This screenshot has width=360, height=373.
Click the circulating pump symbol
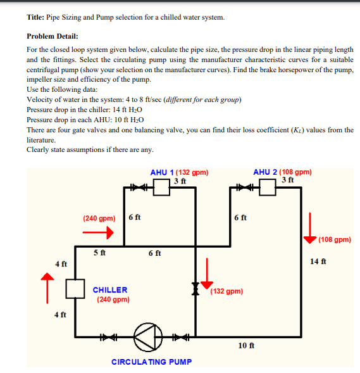(148, 337)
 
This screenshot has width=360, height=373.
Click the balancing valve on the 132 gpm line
(196, 289)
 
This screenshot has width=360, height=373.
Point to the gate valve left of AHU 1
(139, 187)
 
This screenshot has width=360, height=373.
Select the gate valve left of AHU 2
(244, 187)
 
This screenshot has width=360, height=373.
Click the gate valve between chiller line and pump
(108, 337)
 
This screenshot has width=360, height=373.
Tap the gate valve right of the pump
(180, 337)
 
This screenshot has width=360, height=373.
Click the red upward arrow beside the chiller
(47, 288)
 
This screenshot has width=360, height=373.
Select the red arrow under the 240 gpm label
(98, 232)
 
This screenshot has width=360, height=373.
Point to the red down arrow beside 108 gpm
(310, 228)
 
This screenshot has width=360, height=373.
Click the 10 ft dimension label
(246, 345)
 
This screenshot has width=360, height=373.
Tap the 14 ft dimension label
(318, 261)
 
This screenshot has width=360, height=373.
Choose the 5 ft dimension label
(99, 253)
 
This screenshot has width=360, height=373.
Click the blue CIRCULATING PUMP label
(152, 362)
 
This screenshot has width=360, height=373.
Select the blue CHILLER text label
(110, 290)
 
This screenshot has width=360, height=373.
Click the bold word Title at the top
(35, 17)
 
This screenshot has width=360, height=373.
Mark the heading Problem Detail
(53, 36)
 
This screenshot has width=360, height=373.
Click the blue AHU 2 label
(265, 172)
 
